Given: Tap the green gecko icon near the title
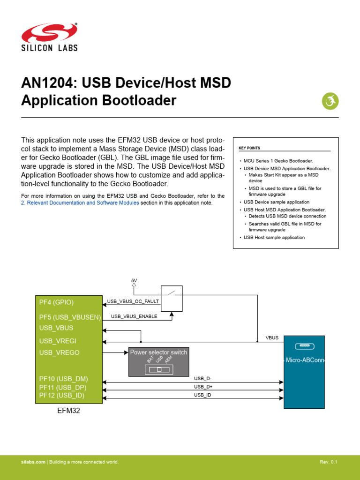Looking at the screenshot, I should [330, 101].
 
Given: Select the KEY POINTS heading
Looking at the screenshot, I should [249, 148].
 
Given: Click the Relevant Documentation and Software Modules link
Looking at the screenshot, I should [80, 203].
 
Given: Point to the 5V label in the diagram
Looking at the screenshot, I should [134, 280].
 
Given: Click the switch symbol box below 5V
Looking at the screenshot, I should [172, 298].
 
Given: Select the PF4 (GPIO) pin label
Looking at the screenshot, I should [56, 302].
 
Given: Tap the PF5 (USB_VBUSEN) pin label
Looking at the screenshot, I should [70, 317].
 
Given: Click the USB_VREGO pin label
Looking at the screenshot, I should [59, 352].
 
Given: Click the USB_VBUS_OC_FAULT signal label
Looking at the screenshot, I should [133, 301].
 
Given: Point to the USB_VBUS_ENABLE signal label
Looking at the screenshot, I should [134, 316].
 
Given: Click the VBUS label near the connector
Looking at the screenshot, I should [272, 337].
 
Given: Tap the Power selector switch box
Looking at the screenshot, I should [158, 362].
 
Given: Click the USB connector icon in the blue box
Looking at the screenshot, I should [305, 346].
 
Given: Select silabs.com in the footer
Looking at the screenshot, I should [33, 462].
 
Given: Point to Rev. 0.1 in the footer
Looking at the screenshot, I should [328, 462].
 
